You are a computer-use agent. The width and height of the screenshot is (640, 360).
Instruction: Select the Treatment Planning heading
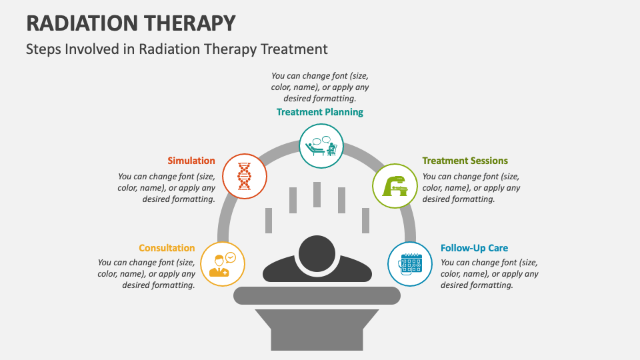tap(320, 112)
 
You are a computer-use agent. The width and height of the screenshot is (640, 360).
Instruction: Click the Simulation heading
tap(191, 161)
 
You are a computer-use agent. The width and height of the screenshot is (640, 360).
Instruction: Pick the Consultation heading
tap(167, 248)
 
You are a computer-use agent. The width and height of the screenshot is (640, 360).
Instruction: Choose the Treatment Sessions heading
tap(465, 161)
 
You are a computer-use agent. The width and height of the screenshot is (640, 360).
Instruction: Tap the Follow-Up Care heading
tap(474, 248)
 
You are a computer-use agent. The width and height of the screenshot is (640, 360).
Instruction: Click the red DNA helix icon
tap(245, 176)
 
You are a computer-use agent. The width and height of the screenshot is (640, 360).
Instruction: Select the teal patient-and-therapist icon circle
tap(320, 145)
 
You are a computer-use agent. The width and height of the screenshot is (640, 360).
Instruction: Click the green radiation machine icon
tap(395, 185)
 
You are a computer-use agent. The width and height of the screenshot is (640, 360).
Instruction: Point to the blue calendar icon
tap(410, 264)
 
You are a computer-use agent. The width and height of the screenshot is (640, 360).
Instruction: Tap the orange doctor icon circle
tap(223, 264)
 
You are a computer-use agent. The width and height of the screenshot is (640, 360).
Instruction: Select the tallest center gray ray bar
tap(317, 195)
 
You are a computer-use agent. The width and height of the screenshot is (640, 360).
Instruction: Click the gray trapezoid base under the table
tap(317, 331)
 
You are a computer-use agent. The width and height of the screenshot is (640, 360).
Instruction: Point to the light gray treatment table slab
tap(317, 295)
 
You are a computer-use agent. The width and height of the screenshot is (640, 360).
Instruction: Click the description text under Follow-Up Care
tap(489, 274)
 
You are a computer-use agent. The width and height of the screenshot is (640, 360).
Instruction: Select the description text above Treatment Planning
tap(320, 87)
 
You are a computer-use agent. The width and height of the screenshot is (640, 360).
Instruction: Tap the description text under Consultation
tap(147, 274)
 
